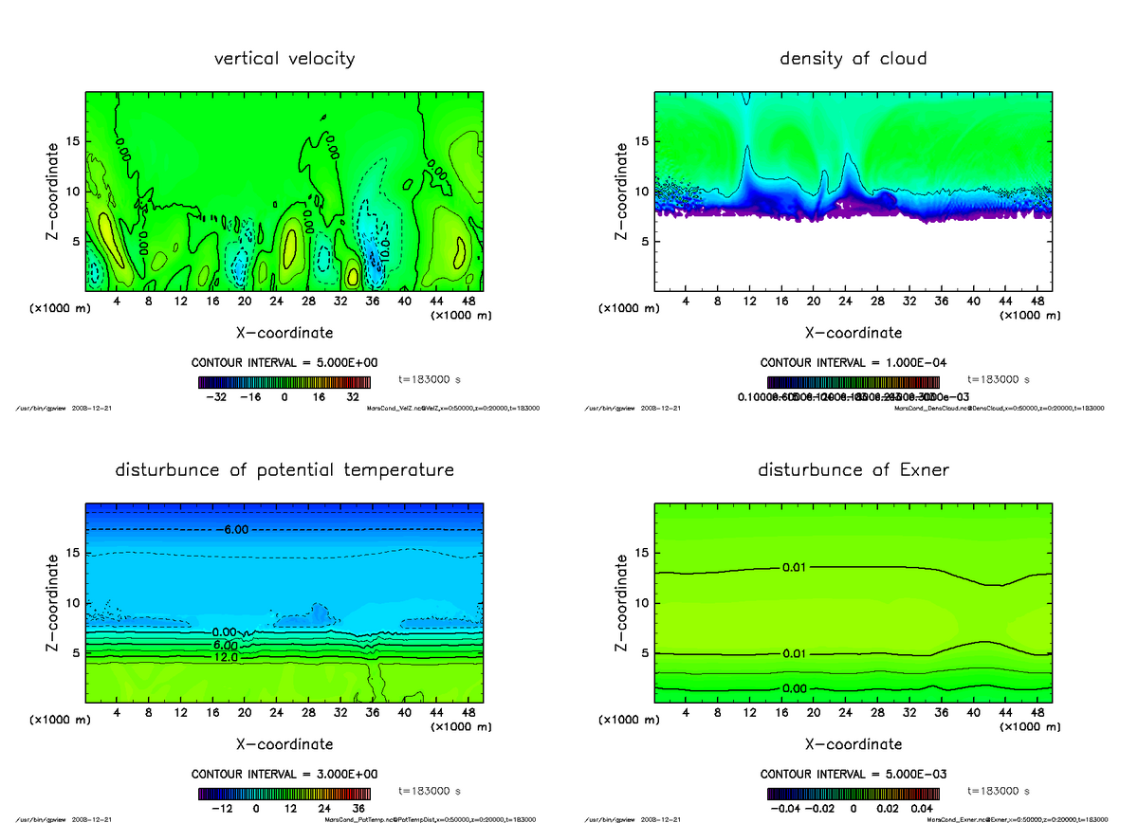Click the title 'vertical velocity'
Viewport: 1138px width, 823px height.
coord(284,59)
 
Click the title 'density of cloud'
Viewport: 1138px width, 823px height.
coord(853,59)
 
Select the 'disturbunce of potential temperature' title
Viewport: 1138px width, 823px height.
coord(284,470)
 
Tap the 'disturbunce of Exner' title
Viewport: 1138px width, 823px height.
coord(853,470)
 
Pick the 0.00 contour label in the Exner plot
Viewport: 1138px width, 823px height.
coord(795,687)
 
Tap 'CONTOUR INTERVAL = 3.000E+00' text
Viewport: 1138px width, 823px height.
coord(284,774)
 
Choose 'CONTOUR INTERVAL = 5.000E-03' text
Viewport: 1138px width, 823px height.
coord(853,774)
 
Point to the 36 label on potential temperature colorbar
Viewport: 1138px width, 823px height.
coord(358,809)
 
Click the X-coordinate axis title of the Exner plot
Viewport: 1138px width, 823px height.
coord(853,744)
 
